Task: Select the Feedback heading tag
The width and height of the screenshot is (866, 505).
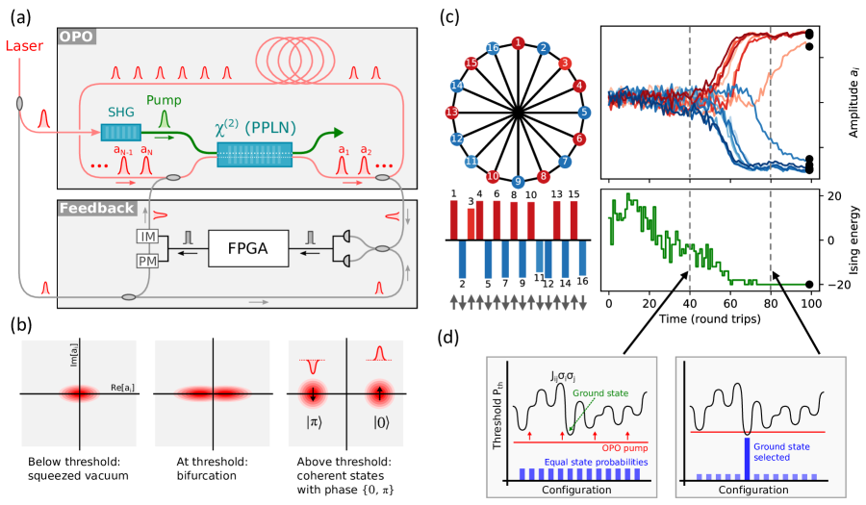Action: pos(95,209)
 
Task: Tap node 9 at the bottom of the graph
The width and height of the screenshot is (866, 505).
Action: pos(519,182)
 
